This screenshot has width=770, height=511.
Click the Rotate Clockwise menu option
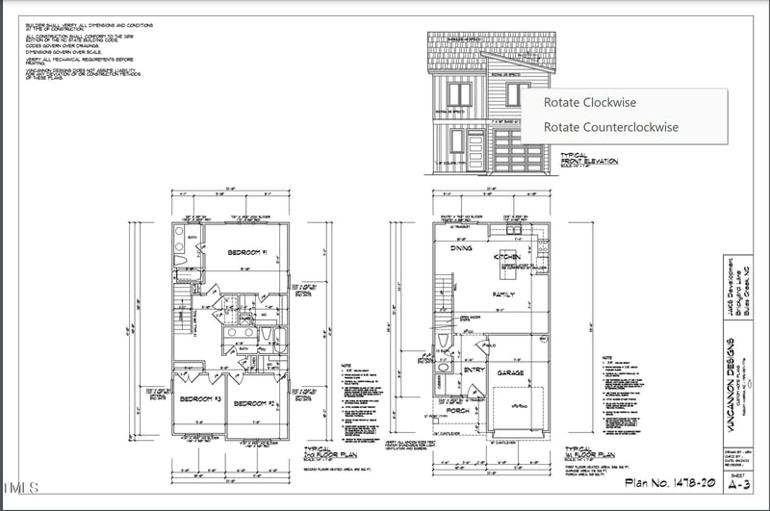tap(589, 102)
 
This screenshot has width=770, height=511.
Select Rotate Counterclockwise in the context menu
tap(610, 127)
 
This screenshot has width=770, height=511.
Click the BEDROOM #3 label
tap(199, 398)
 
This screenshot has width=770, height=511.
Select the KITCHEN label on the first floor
tap(506, 257)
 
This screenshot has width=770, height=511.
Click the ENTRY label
tap(474, 369)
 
